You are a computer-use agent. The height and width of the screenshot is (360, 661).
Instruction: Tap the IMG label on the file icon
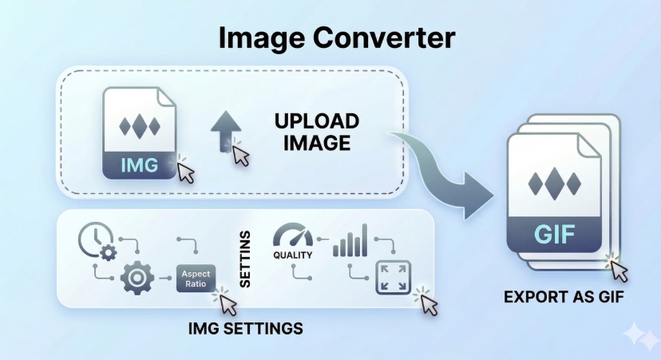coord(139,166)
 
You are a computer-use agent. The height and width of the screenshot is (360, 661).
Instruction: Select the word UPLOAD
coord(317,123)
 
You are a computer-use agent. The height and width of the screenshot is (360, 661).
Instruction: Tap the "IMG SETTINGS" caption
coord(247,328)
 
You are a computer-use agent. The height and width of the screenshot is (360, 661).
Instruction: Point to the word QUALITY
coord(291,255)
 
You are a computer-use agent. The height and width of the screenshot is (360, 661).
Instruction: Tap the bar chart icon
coord(350,240)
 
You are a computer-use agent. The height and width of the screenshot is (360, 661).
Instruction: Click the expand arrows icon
coord(393,277)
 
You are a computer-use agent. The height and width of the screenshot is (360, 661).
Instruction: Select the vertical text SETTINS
coord(245,259)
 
